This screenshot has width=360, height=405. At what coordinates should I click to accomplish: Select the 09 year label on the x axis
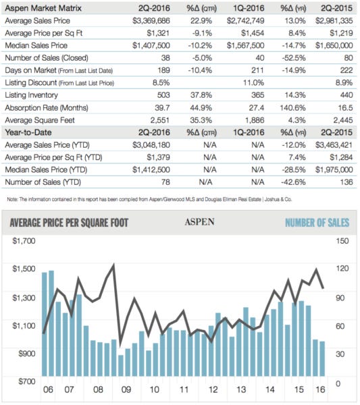click(126, 390)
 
